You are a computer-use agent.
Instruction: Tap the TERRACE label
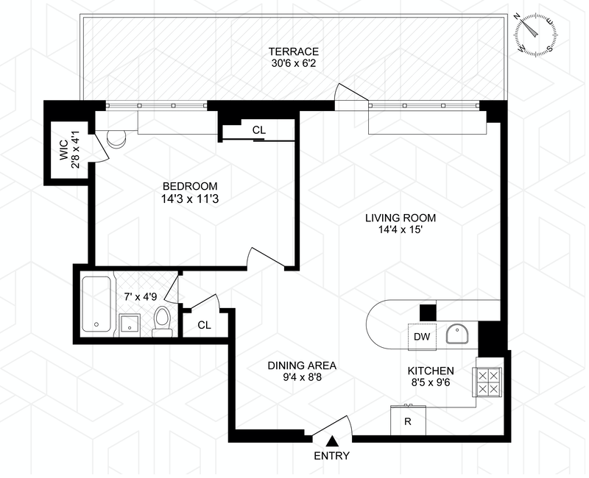(x=293, y=51)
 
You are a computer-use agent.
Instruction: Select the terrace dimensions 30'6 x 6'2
(x=293, y=64)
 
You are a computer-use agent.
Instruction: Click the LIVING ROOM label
(x=401, y=218)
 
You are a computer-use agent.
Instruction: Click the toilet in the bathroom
(x=162, y=321)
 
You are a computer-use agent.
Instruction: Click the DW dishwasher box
(x=421, y=337)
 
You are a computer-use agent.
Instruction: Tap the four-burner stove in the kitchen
(x=487, y=381)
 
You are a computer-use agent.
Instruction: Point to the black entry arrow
(x=332, y=441)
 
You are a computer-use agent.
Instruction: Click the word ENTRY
(x=332, y=456)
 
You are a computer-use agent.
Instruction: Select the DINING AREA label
(x=302, y=365)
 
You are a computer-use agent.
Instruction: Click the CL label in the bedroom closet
(x=258, y=130)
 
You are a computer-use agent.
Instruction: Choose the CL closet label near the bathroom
(x=204, y=324)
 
